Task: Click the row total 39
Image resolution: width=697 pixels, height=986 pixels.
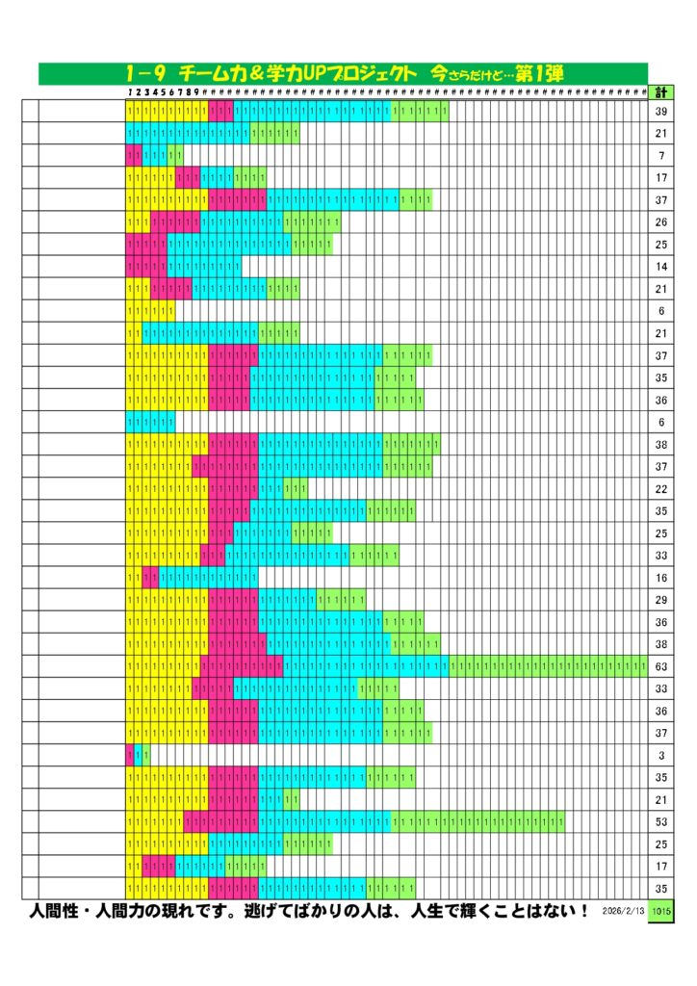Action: [x=661, y=112]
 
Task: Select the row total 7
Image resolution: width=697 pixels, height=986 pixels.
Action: [x=661, y=156]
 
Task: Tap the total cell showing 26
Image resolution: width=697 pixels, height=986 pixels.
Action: [x=661, y=222]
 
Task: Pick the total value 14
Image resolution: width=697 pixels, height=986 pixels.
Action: [x=661, y=267]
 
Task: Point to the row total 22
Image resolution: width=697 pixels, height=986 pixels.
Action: [x=661, y=489]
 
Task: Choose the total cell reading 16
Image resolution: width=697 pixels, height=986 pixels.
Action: [x=661, y=578]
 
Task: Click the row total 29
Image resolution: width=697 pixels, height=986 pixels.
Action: [x=661, y=600]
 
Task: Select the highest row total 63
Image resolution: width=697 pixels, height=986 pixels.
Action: [x=661, y=666]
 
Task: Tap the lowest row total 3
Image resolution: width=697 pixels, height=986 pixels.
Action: [x=661, y=756]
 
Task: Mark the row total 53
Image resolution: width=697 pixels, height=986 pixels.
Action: [x=661, y=822]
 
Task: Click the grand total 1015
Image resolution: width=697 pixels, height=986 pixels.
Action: [x=661, y=911]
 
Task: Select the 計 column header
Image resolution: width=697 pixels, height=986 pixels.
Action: [x=661, y=92]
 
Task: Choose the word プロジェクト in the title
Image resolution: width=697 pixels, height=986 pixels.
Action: [x=372, y=73]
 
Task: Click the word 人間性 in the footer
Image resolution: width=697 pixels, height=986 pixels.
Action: [x=60, y=911]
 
